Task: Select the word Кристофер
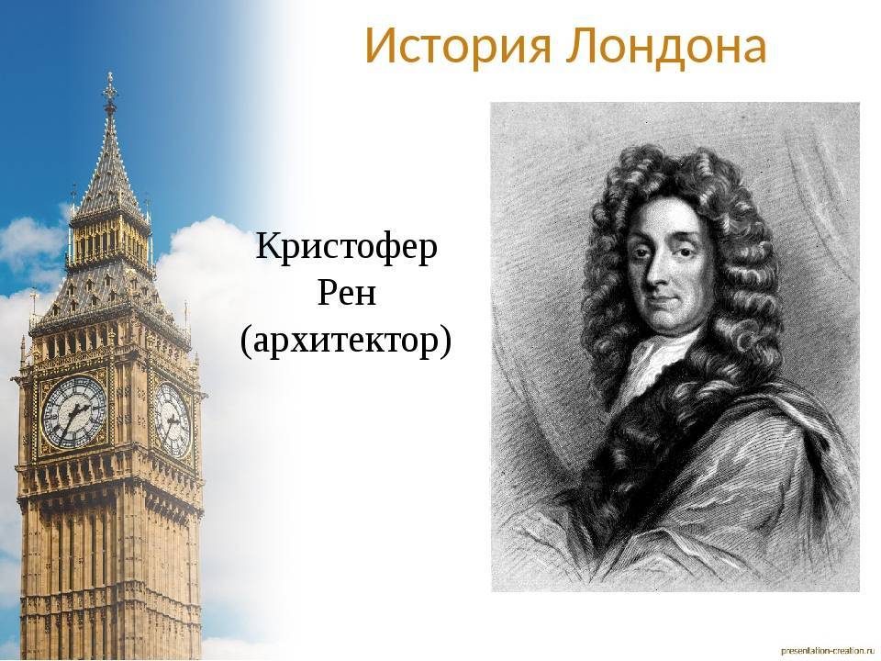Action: pos(346,248)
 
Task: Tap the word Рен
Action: pos(346,293)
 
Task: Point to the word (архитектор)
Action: pos(346,341)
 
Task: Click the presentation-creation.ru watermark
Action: pos(828,650)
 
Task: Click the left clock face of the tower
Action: pos(74,412)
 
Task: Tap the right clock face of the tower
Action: pos(173,420)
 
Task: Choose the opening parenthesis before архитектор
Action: pos(245,342)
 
